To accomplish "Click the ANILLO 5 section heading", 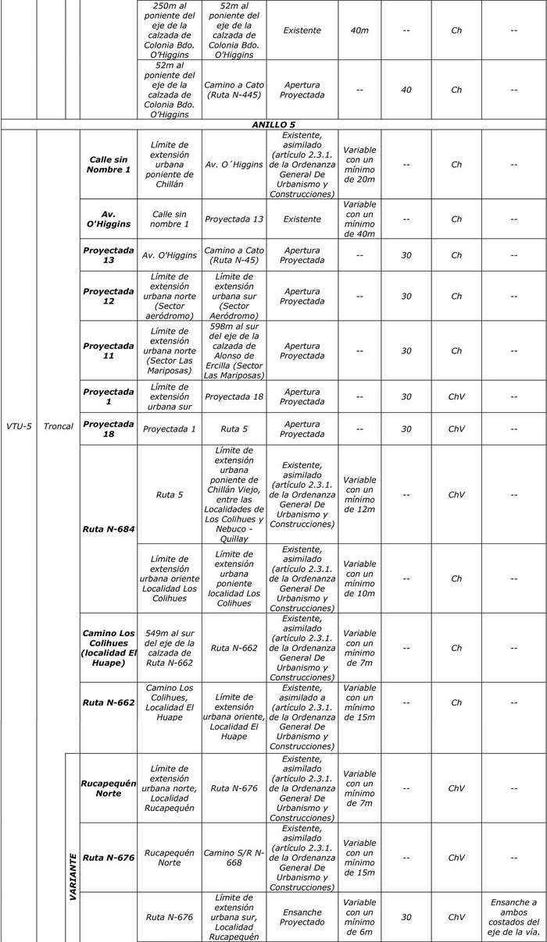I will pos(273,124).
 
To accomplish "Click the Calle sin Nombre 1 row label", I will pos(109,165).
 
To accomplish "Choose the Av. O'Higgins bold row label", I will pos(109,219).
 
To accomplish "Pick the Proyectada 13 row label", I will pos(109,255).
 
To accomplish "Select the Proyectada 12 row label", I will pos(109,297).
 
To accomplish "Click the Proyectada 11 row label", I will pos(109,350).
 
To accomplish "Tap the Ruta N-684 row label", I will pos(109,529).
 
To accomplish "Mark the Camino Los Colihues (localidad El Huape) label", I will pos(109,647).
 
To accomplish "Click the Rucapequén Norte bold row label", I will pos(109,787).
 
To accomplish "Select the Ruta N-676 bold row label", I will pos(109,857).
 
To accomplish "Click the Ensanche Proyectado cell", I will pos(302,917).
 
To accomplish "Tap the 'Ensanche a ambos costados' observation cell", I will pos(513,917).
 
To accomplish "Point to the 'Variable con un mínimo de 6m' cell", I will pos(359,917).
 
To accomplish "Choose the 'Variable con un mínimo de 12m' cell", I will pos(359,495).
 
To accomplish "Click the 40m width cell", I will pos(359,30).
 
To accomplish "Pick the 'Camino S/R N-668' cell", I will pos(234,857).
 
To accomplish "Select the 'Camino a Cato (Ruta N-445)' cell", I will pos(234,90).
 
